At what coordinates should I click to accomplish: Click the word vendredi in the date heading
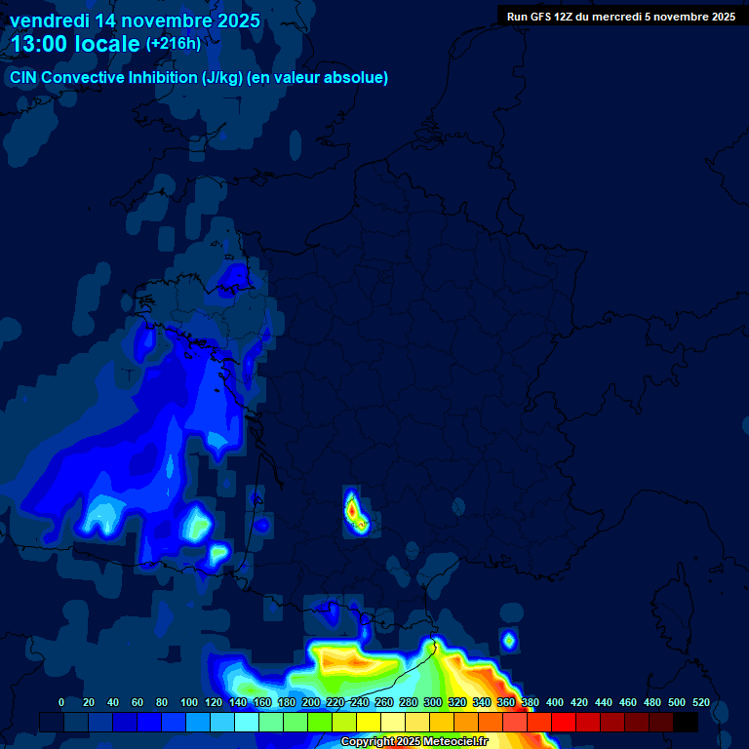[x=50, y=20]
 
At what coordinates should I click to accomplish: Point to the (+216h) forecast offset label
[x=174, y=44]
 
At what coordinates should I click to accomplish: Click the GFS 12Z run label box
[x=620, y=17]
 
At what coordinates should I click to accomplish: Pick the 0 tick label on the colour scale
[x=61, y=703]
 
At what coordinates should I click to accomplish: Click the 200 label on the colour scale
[x=310, y=703]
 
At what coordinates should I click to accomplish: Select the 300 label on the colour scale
[x=432, y=703]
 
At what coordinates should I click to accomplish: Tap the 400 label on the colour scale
[x=554, y=703]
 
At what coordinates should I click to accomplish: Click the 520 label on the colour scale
[x=700, y=703]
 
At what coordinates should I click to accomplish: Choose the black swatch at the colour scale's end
[x=686, y=722]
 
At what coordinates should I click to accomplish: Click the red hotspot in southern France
[x=351, y=507]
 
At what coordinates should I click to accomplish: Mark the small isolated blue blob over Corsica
[x=508, y=640]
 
